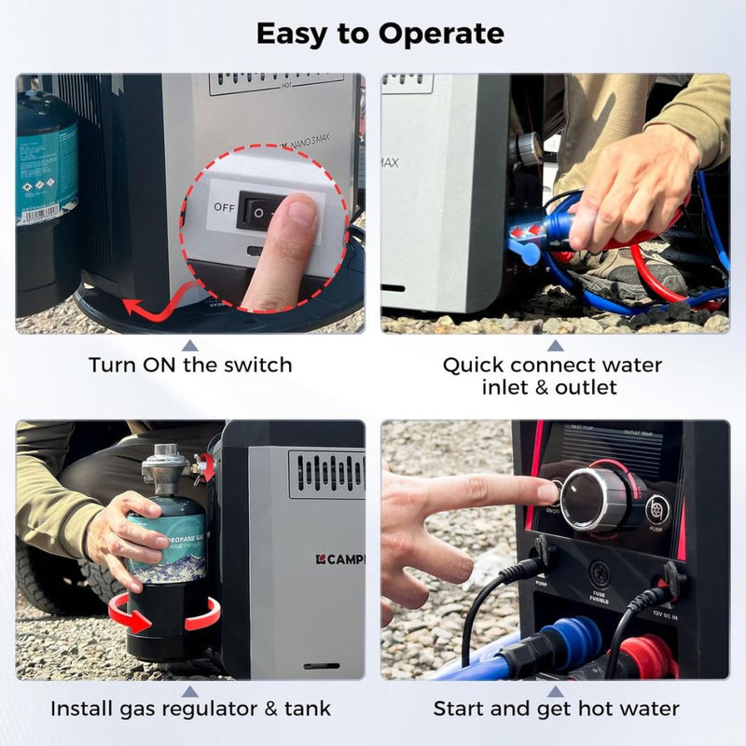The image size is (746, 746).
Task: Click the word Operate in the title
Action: (443, 35)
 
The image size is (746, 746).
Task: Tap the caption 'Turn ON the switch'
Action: (190, 365)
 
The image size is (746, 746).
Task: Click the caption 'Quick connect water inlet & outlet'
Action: (552, 375)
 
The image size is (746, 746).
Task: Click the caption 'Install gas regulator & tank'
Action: (190, 709)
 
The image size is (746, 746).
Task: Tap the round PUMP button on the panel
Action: (657, 508)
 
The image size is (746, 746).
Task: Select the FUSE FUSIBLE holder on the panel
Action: (599, 573)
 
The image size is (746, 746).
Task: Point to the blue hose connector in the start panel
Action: (559, 643)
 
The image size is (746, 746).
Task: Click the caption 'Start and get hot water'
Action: (555, 709)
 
